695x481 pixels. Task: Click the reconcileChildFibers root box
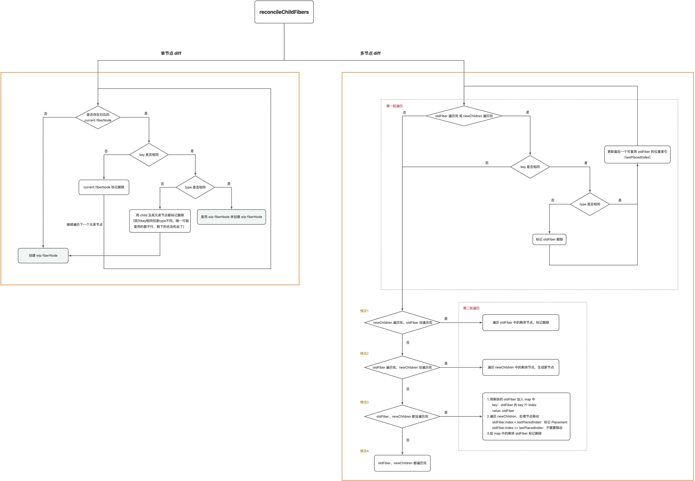[284, 12]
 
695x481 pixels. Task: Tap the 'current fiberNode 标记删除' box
[104, 187]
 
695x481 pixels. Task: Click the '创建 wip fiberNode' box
[43, 256]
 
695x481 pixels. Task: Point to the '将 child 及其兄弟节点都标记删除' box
[160, 221]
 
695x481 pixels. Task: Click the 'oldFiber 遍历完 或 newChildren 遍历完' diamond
[464, 116]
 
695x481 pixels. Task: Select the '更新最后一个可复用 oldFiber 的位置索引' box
[637, 154]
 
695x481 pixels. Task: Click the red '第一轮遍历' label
[394, 106]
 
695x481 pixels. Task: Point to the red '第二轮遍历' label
[471, 308]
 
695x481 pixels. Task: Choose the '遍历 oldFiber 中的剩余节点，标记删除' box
[521, 322]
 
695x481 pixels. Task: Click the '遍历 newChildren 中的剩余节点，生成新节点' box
[521, 367]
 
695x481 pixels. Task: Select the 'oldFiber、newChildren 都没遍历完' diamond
[402, 417]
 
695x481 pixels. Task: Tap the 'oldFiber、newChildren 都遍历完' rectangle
[402, 463]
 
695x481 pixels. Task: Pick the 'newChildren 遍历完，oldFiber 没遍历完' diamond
[402, 322]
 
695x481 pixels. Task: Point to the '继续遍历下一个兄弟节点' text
[85, 225]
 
